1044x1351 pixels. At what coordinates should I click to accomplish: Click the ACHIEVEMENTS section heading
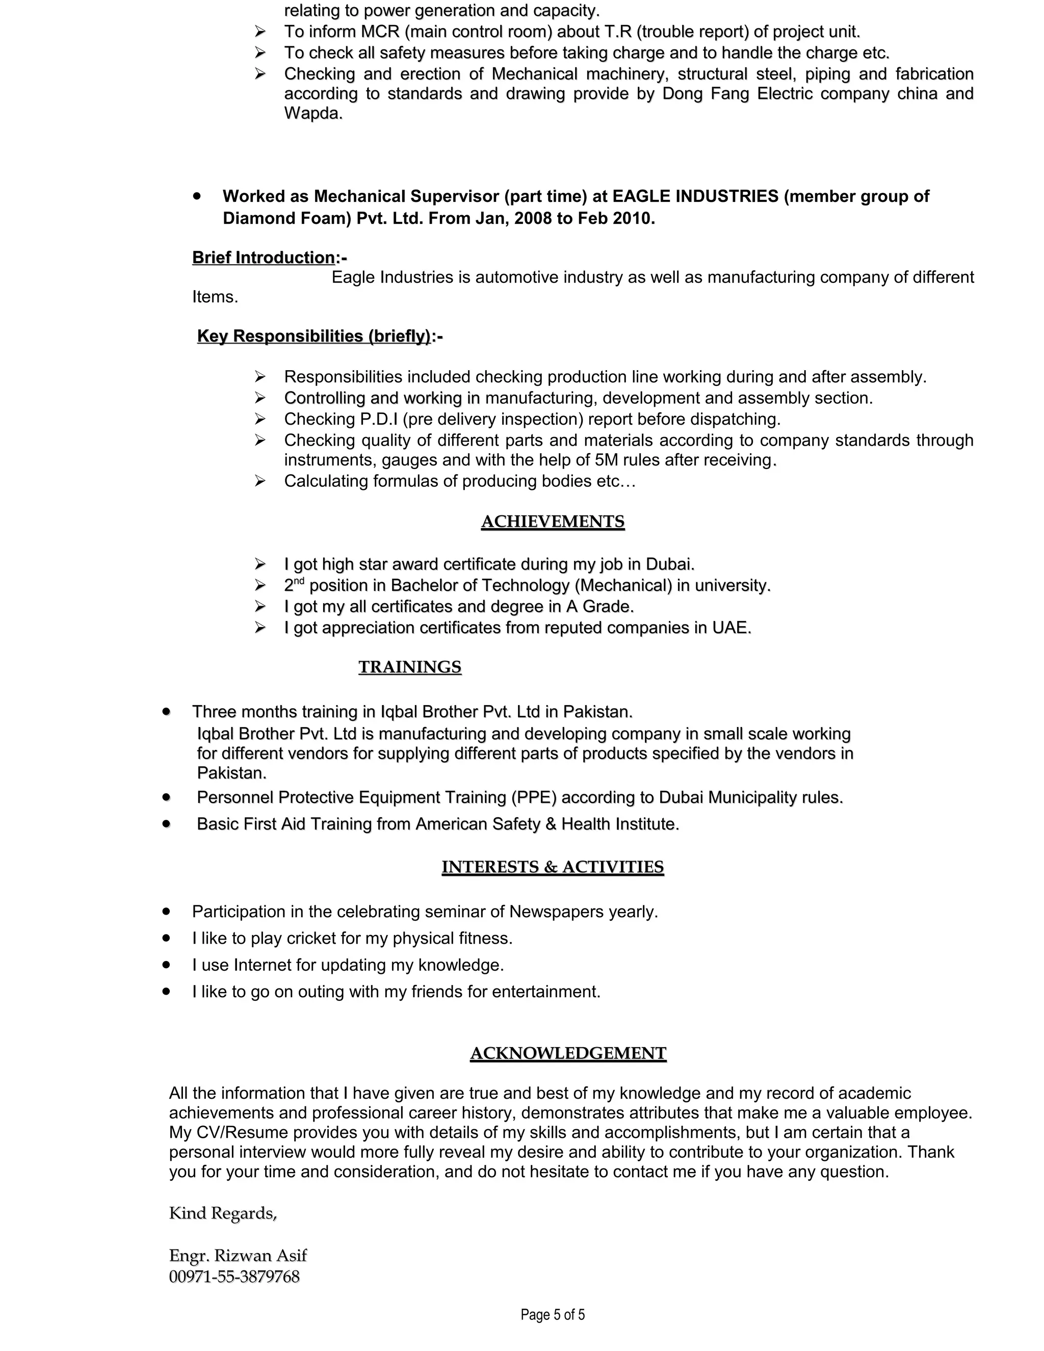(552, 522)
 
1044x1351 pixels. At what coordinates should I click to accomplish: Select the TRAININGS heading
(409, 667)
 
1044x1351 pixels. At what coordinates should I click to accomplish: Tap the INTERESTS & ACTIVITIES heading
(552, 867)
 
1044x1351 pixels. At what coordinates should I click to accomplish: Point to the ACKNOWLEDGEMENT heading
(568, 1053)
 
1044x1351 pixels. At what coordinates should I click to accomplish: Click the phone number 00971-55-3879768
(234, 1276)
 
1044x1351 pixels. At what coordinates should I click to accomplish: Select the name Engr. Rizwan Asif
(238, 1255)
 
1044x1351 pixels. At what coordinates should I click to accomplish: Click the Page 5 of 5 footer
(552, 1314)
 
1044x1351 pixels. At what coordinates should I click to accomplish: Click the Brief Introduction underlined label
(264, 257)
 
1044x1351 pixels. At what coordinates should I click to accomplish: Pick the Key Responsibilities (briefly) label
(314, 336)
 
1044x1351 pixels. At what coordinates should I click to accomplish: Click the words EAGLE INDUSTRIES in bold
(695, 196)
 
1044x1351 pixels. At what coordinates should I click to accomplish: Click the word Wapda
(312, 113)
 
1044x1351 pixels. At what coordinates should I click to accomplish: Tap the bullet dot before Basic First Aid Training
(166, 824)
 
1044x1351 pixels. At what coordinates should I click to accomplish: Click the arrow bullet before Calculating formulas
(260, 481)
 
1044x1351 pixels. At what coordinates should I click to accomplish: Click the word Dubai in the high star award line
(670, 564)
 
